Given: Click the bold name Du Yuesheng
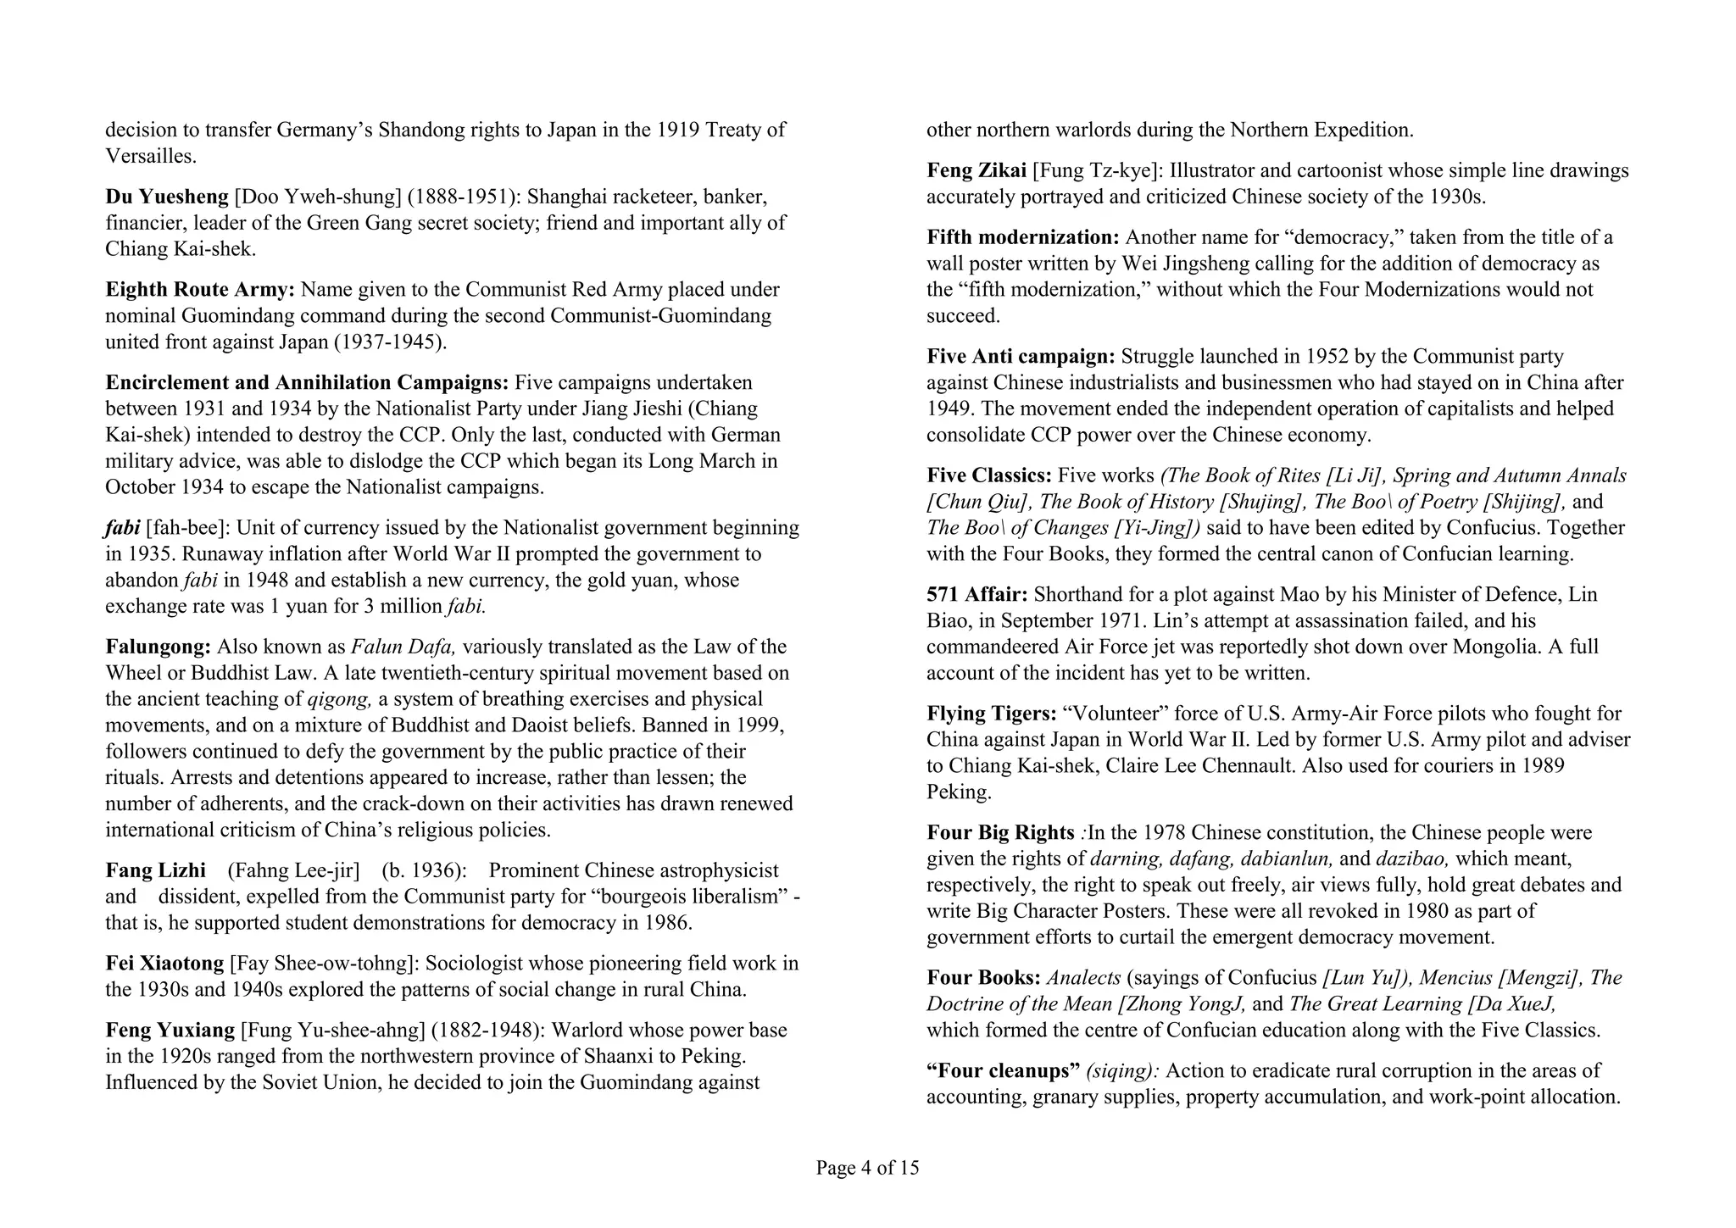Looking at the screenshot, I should click(167, 197).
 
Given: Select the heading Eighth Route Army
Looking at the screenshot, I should click(199, 289).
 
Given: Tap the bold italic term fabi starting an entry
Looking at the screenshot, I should click(122, 528).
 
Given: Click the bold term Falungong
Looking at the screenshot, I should click(158, 647).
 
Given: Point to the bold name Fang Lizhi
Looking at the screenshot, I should click(155, 870).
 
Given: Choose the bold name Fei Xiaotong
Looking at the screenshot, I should click(164, 964).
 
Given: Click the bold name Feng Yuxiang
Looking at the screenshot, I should click(170, 1030).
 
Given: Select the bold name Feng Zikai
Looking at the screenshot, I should click(976, 170).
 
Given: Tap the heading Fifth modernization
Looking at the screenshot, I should click(1022, 236).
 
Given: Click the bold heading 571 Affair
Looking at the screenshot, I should click(976, 594).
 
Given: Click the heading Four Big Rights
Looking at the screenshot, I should click(1000, 832).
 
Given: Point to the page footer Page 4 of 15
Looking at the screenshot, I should click(867, 1168).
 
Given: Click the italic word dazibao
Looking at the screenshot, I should click(1413, 858).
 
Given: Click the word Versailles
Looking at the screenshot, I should click(150, 156).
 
